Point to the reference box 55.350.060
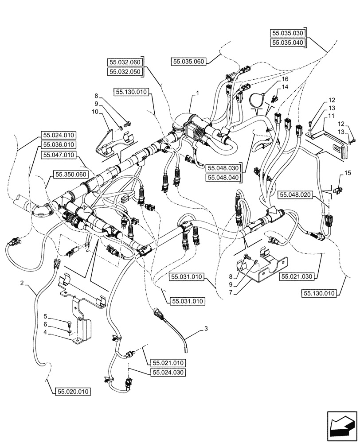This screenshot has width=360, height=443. [x=70, y=175]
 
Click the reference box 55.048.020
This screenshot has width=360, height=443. [x=296, y=194]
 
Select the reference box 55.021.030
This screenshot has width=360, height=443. [x=297, y=276]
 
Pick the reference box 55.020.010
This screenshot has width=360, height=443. [x=74, y=392]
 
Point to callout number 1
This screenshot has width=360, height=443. [x=198, y=94]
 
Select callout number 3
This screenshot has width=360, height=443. [x=206, y=328]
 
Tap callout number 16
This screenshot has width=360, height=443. [x=279, y=79]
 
